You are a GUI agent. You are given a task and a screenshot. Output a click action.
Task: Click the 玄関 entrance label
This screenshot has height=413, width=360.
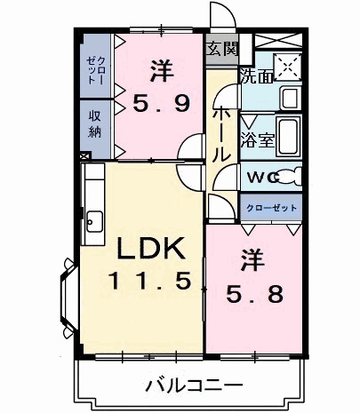coord(221,49)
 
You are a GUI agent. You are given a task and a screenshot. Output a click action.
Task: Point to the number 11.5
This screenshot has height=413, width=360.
coord(148,282)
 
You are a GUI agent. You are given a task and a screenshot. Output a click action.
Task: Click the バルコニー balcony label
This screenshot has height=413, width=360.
coord(194,385)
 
